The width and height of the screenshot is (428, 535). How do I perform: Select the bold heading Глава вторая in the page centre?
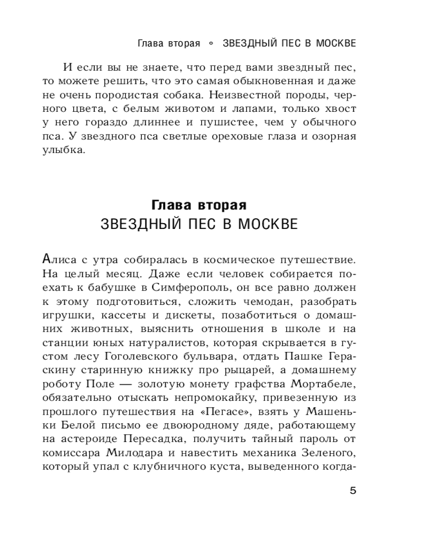198,205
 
